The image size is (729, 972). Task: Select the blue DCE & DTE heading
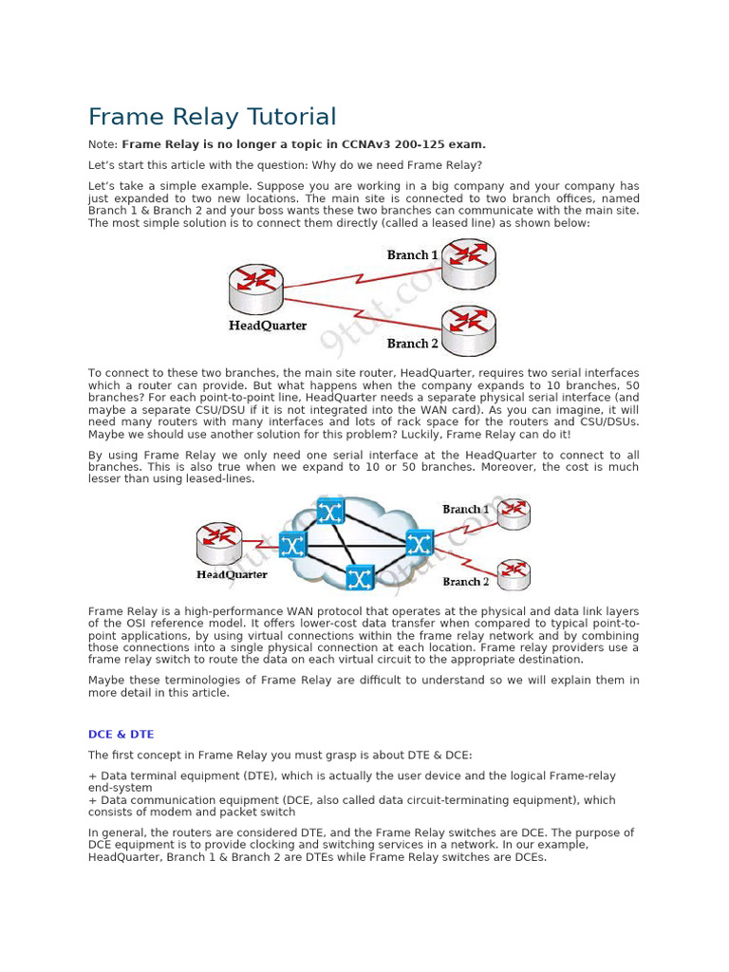121,734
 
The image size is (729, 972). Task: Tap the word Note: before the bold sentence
103,144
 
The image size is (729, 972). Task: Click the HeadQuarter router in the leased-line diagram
256,289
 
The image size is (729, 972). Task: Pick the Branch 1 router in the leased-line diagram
469,263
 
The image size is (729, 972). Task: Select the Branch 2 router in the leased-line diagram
469,328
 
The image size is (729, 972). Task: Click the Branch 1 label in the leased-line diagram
413,255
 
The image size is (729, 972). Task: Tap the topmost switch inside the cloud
330,513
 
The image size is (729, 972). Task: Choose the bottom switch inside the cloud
359,576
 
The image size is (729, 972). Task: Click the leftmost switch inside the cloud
292,545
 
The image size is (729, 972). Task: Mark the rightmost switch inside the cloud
419,543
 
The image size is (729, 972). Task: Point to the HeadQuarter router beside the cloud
220,543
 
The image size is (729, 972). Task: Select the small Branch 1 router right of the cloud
514,513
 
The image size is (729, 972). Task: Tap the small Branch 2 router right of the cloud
514,573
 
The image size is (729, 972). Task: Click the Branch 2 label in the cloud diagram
466,581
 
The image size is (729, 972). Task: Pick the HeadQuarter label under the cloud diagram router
232,574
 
